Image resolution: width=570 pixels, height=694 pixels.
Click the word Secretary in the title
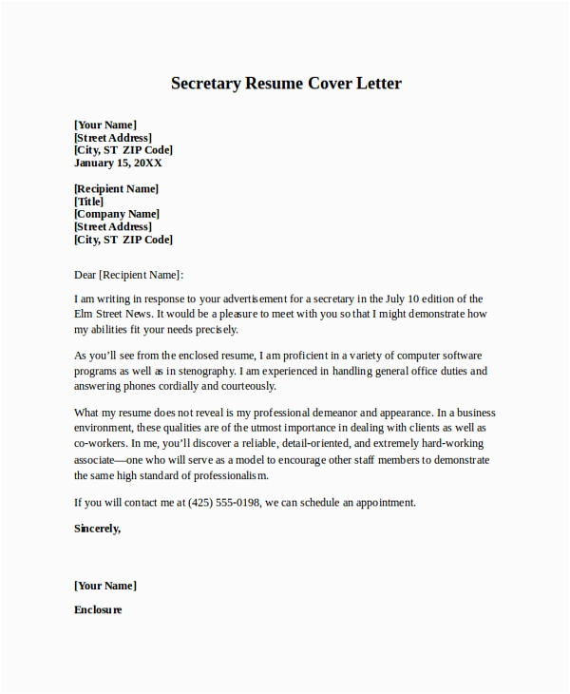(205, 84)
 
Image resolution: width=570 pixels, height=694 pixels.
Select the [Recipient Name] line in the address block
(117, 188)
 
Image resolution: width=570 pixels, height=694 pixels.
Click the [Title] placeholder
(88, 202)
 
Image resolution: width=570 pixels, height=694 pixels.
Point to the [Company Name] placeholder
(117, 214)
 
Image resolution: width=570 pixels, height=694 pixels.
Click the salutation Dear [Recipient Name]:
(128, 275)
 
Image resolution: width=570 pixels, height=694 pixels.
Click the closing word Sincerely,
(98, 528)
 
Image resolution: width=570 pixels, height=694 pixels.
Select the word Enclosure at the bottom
(98, 609)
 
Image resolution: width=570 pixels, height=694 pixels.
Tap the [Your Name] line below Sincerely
(105, 585)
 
